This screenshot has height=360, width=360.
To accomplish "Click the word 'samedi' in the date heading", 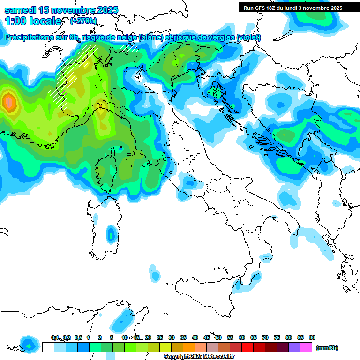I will click(x=20, y=10).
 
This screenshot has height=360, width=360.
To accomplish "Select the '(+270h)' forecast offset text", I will click(x=83, y=21).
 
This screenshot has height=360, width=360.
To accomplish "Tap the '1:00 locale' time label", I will click(x=33, y=21).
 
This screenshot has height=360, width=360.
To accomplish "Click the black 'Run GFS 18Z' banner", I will click(x=292, y=8).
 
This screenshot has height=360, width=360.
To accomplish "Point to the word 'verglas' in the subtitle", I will click(x=220, y=37).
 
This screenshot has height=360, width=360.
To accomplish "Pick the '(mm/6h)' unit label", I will click(x=327, y=348).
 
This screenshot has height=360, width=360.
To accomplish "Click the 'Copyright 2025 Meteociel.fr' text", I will click(x=199, y=356).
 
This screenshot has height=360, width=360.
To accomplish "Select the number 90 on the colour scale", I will click(x=312, y=337).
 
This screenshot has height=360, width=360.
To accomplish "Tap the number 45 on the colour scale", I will click(x=207, y=337).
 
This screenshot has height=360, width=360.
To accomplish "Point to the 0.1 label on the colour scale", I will click(x=55, y=337).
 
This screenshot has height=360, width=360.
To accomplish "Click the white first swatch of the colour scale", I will click(x=48, y=347).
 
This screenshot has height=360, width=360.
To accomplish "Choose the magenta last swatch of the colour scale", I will click(x=306, y=347).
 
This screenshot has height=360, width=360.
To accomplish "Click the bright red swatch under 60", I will click(x=247, y=347).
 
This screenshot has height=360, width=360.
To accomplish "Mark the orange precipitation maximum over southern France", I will click(x=8, y=102).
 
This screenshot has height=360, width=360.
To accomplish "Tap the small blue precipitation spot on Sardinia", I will click(x=111, y=233).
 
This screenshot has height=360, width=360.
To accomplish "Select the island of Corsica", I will click(x=107, y=173).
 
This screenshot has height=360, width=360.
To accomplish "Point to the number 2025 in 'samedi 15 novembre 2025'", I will click(x=105, y=10).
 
